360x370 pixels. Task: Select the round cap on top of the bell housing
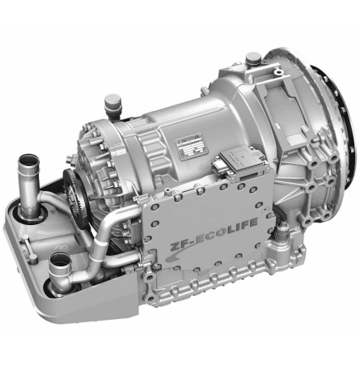click(x=253, y=59)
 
